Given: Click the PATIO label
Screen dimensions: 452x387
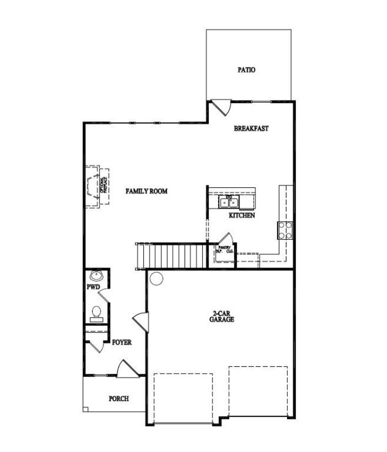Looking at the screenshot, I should point(246,70).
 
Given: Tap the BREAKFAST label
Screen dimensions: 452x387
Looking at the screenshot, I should point(251,128).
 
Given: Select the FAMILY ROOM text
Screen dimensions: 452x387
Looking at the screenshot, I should point(146,191).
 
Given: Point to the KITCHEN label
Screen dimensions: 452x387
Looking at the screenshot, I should point(242,216).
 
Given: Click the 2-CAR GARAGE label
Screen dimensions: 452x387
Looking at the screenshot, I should point(222,316).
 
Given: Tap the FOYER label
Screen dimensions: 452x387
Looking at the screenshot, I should point(122,342).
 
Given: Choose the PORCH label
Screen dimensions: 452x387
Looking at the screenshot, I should point(119,398).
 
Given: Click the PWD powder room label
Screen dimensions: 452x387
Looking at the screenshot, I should point(93,287).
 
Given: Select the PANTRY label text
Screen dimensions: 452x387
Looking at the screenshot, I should point(224,248).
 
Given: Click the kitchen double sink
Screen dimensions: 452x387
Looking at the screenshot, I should point(229,203).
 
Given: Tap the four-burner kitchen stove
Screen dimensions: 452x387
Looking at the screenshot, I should point(285,230).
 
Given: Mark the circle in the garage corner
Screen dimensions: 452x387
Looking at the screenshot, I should point(156,279).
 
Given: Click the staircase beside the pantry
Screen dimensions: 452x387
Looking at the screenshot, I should point(172,256).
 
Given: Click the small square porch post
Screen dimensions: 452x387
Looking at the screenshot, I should point(85,409).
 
